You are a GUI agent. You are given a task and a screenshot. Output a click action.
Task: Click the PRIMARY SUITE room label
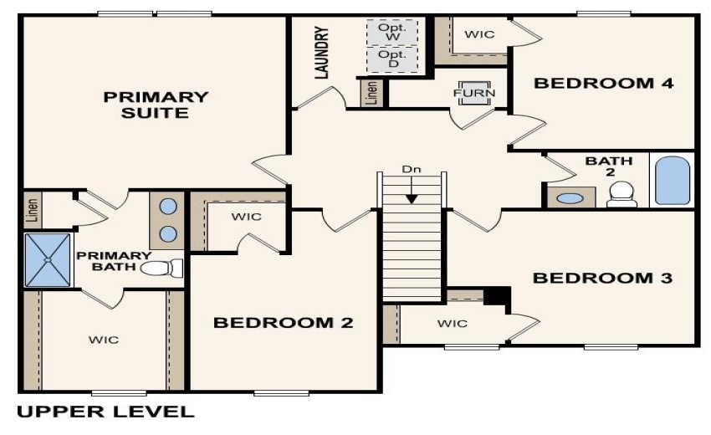coord(156,105)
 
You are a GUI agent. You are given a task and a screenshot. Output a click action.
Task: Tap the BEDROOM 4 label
coord(604,83)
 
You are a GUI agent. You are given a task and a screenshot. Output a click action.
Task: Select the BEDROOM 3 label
coord(602,278)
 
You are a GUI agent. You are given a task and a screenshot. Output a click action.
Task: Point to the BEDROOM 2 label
coord(283,323)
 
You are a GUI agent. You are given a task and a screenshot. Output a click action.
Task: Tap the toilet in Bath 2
coord(621,195)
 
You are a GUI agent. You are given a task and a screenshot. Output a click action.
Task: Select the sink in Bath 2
coord(570,199)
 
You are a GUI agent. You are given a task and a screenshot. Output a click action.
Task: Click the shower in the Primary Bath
coord(49,260)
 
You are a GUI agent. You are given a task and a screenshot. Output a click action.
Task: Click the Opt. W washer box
coord(391,33)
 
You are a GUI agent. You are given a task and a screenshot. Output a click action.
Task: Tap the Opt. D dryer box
coord(391,59)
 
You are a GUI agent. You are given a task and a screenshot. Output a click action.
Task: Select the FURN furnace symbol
coord(473,92)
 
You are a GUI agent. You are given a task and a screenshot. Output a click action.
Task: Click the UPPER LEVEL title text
coord(105,412)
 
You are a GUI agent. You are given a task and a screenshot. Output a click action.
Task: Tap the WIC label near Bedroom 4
coord(479,35)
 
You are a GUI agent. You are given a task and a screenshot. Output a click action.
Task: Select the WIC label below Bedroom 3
coord(453,323)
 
